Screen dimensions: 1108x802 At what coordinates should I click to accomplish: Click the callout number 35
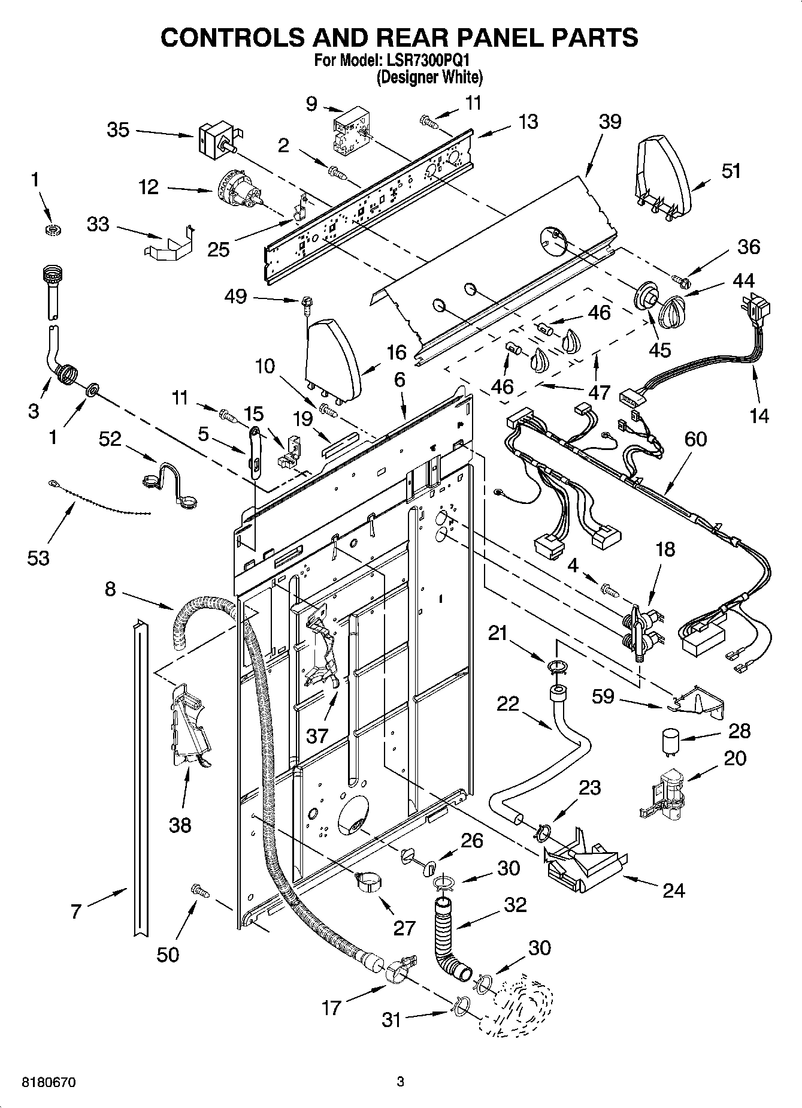coord(118,129)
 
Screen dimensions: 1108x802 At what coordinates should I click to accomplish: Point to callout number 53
coord(38,558)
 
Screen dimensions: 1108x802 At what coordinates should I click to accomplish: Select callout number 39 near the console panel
coord(610,122)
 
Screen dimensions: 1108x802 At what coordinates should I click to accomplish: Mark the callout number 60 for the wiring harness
coord(695,439)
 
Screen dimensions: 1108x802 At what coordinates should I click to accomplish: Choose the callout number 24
coord(673,891)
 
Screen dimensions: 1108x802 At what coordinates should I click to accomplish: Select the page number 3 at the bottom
coord(400,1082)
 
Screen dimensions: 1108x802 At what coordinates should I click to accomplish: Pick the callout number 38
coord(180,825)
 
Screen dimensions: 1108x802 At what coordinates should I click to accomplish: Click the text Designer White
coord(429,77)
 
